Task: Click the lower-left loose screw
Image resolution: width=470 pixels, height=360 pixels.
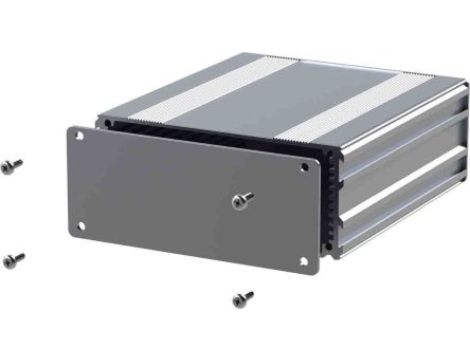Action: coord(13,260)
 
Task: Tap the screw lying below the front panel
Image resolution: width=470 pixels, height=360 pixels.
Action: coord(241,298)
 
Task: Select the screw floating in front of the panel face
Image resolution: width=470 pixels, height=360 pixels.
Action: coord(240,201)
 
